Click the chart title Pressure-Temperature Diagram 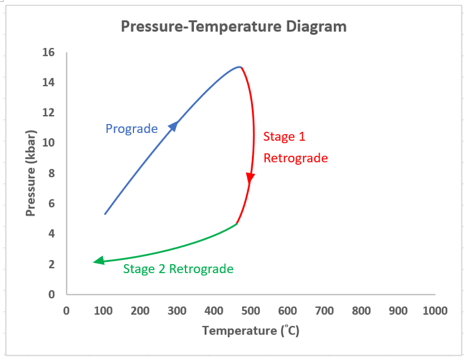[233, 26]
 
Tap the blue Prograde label [131, 129]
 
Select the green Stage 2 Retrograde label [178, 269]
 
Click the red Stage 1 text [284, 137]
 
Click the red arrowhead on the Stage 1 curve [250, 178]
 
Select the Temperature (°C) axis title [250, 331]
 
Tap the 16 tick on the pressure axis [48, 52]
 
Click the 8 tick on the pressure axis [51, 173]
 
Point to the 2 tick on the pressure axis [51, 264]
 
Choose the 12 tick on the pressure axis [48, 113]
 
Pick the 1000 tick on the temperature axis [434, 311]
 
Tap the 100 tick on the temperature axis [103, 311]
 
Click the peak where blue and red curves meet [240, 67]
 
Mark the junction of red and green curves [237, 224]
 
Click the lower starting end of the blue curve [105, 214]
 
